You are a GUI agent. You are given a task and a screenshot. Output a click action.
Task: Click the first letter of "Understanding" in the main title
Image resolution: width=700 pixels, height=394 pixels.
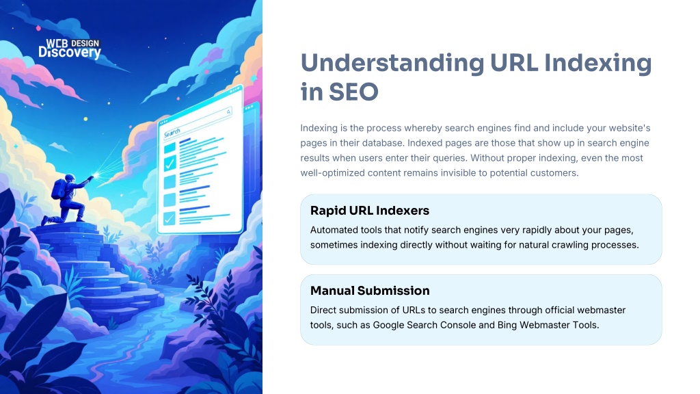[310, 63]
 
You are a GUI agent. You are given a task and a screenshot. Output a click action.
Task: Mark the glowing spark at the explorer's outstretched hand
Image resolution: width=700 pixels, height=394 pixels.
[94, 177]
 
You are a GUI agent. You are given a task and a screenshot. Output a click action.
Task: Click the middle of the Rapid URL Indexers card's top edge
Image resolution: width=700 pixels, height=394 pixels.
[481, 194]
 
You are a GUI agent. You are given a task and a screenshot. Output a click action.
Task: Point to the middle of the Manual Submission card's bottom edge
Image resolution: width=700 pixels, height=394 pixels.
[481, 345]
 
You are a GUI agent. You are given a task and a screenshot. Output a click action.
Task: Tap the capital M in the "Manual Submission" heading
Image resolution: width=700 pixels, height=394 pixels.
[317, 291]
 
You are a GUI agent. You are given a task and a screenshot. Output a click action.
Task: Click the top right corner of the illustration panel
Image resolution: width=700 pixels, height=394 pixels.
[262, 0]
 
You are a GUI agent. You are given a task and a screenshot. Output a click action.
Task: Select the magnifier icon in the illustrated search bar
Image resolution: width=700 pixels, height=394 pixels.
[228, 111]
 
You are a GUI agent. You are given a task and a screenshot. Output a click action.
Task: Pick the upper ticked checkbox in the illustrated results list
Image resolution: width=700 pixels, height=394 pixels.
[170, 163]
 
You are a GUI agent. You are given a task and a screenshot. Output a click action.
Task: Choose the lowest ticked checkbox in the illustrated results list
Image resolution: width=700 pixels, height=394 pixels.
[170, 218]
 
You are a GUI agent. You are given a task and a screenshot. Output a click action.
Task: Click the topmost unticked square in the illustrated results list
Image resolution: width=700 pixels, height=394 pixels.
[170, 148]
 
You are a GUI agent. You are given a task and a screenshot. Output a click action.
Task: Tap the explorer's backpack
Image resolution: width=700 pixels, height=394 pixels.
[59, 189]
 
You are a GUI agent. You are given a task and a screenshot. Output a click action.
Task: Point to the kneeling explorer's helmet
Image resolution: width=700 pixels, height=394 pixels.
[70, 179]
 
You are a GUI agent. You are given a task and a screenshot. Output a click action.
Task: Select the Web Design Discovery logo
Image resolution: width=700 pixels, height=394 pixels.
[70, 49]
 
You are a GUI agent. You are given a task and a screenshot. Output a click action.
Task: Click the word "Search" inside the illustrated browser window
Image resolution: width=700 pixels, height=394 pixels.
[172, 133]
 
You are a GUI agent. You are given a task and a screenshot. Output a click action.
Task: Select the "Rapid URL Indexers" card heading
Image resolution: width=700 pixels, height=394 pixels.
[370, 211]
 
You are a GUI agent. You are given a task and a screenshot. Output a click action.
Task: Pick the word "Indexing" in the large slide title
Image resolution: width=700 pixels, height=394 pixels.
[597, 64]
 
